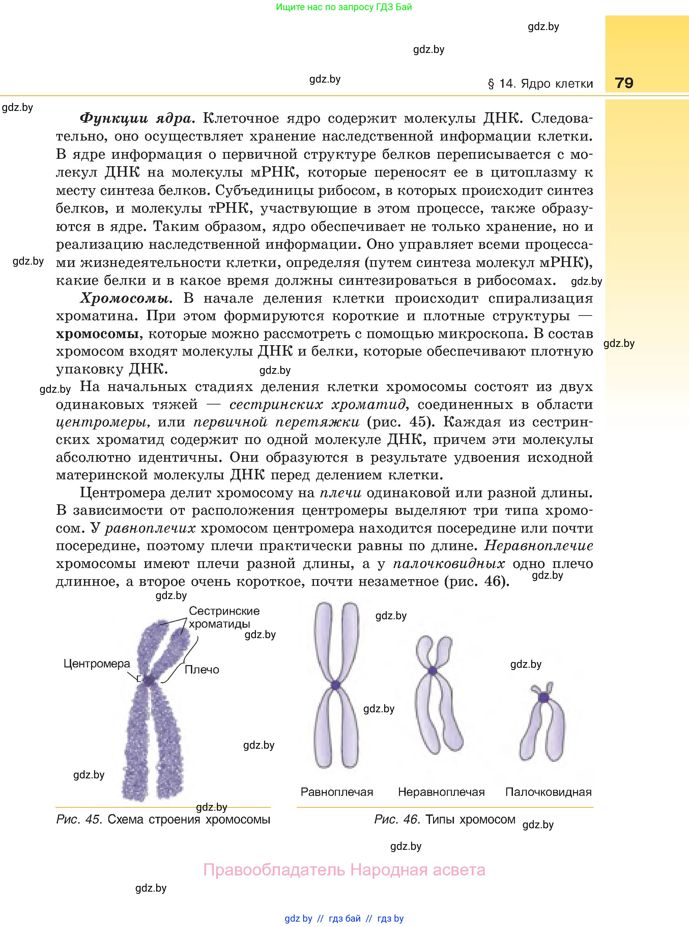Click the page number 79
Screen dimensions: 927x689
pyautogui.click(x=624, y=83)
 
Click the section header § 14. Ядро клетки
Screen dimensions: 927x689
pyautogui.click(x=540, y=84)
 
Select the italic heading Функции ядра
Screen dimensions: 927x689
pyautogui.click(x=137, y=119)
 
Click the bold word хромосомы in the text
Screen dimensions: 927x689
pyautogui.click(x=97, y=334)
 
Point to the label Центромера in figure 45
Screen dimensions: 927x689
pyautogui.click(x=97, y=664)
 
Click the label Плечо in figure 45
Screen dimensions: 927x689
pyautogui.click(x=202, y=669)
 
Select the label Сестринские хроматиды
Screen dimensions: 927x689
pyautogui.click(x=224, y=617)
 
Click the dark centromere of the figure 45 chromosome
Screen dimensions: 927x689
pyautogui.click(x=148, y=680)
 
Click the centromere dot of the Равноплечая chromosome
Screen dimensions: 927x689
pyautogui.click(x=336, y=685)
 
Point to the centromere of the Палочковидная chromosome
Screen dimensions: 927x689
pyautogui.click(x=543, y=697)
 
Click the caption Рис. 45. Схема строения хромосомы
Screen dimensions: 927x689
pyautogui.click(x=163, y=819)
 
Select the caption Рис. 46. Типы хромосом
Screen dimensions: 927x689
pyautogui.click(x=444, y=819)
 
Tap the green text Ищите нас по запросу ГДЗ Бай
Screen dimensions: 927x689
pyautogui.click(x=344, y=7)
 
